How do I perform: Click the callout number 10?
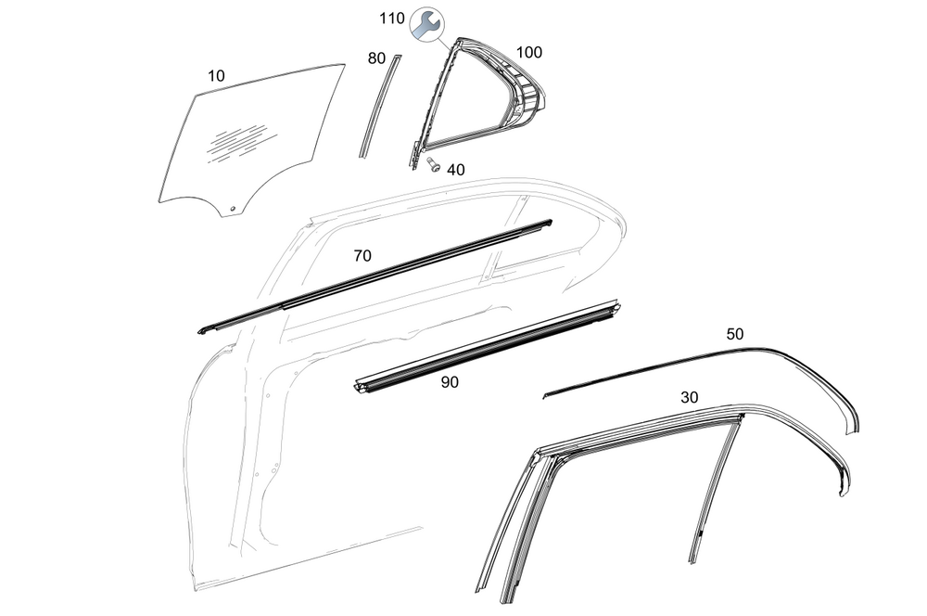click(216, 76)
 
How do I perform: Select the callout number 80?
click(376, 58)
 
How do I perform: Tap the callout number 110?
click(392, 18)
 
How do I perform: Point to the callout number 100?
click(529, 53)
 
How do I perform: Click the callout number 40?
click(456, 170)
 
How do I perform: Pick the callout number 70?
click(362, 256)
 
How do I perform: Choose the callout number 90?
click(450, 381)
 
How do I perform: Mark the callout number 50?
click(734, 334)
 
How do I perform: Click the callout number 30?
click(690, 397)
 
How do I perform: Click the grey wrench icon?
click(425, 26)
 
